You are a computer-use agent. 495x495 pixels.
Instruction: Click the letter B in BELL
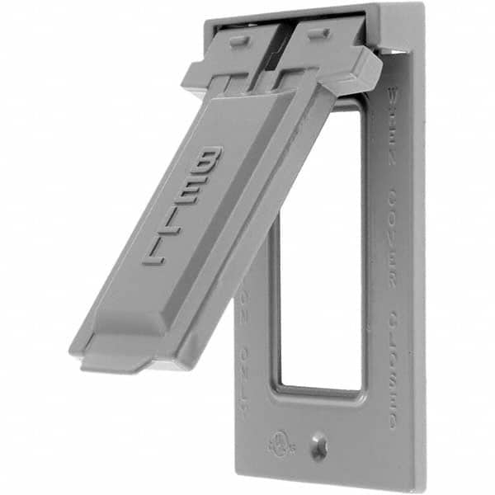pos(207,162)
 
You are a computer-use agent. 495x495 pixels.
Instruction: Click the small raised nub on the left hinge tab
pos(237,41)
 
